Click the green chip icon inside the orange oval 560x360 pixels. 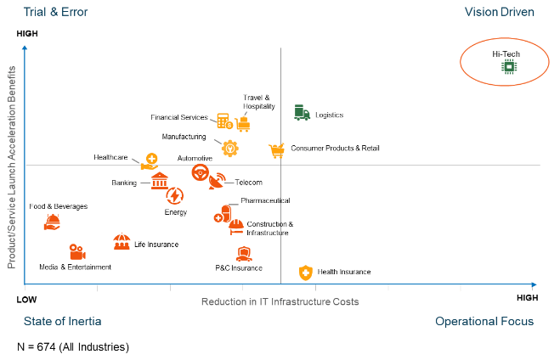(508, 66)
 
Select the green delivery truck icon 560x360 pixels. (302, 113)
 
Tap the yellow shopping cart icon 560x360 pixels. (275, 150)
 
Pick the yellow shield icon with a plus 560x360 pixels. (306, 273)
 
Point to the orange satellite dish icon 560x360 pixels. (217, 181)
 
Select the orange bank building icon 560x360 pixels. (159, 181)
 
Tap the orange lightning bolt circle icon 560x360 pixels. (174, 196)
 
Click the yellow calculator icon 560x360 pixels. (223, 121)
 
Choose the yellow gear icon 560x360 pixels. (229, 147)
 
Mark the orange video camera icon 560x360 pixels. (77, 252)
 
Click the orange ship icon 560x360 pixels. (52, 222)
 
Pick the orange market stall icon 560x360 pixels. (122, 242)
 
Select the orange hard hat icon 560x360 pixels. (236, 226)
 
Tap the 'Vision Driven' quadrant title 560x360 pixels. (499, 12)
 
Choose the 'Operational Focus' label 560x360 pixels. (484, 321)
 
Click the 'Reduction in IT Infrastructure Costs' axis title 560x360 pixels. (280, 301)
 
